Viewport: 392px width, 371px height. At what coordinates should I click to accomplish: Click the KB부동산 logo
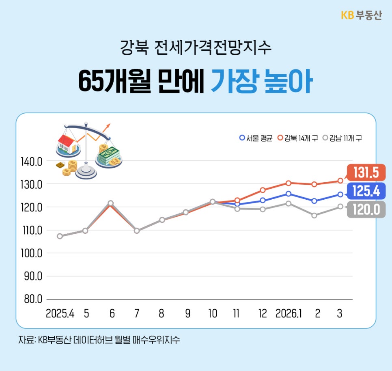[361, 16]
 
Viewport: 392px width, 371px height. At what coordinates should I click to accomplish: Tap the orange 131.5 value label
[366, 173]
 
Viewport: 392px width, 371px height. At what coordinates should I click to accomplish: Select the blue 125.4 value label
[366, 191]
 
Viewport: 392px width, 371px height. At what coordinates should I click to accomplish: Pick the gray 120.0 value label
[366, 210]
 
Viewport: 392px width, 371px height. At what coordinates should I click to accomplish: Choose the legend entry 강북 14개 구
[297, 138]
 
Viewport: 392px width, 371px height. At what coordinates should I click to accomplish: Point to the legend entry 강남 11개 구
[342, 138]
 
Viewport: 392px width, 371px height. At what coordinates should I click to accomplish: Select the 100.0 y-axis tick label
[31, 253]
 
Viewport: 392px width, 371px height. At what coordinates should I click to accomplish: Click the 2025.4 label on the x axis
[60, 314]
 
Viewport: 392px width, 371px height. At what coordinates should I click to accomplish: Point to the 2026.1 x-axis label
[289, 314]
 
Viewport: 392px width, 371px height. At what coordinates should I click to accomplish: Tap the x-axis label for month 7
[137, 314]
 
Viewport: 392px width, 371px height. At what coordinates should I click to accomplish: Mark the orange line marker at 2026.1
[288, 183]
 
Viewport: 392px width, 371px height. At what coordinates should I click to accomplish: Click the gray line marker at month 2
[314, 216]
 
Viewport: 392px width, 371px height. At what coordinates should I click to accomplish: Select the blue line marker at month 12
[263, 200]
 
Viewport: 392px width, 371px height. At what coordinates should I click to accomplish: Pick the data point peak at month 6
[110, 203]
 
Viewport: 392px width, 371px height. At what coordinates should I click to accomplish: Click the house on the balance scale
[68, 144]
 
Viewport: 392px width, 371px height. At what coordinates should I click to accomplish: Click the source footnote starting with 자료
[99, 340]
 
